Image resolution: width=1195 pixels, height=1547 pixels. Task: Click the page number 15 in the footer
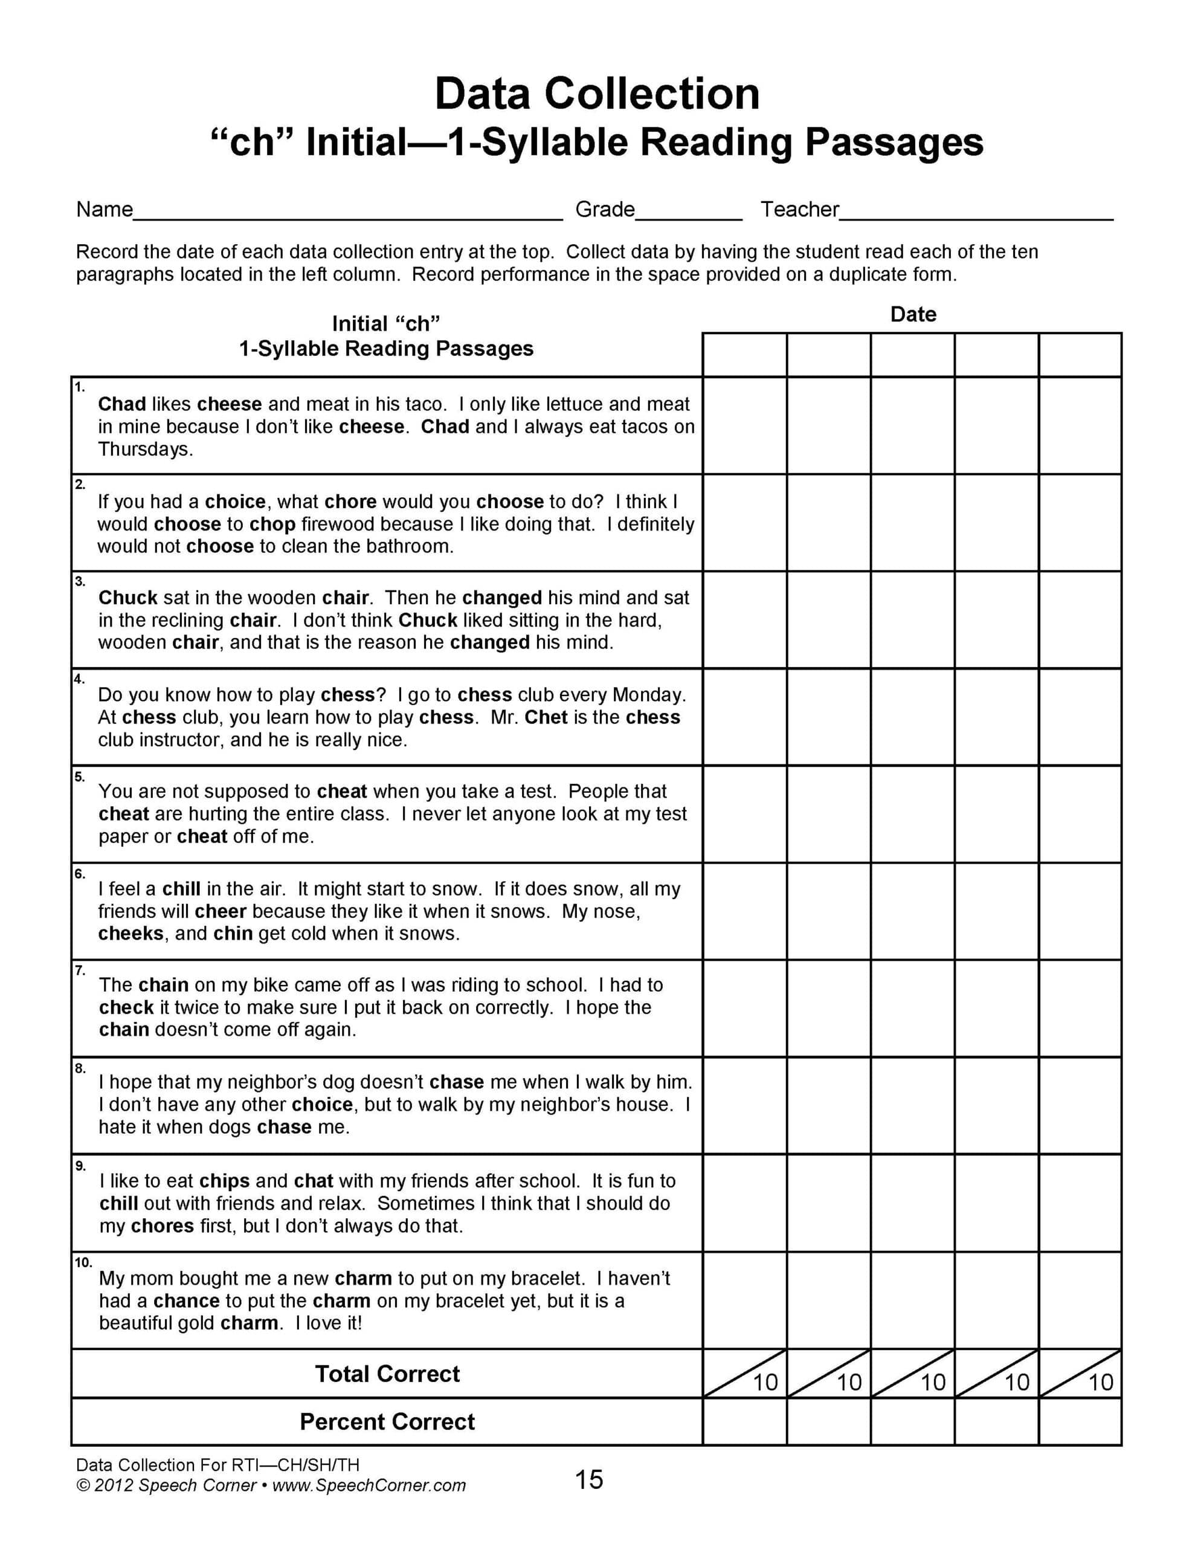pos(588,1480)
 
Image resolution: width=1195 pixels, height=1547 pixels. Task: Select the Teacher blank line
pos(976,214)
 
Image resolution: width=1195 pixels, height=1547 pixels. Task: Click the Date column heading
pos(912,314)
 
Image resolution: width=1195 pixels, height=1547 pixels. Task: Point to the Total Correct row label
pos(387,1374)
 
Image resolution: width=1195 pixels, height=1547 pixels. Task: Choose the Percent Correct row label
pos(387,1422)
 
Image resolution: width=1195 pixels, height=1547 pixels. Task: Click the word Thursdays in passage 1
pos(145,449)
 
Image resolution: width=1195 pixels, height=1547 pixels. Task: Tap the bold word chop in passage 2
pos(272,524)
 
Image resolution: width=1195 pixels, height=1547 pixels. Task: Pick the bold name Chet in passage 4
pos(546,717)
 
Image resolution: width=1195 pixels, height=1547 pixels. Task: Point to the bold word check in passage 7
pos(126,1007)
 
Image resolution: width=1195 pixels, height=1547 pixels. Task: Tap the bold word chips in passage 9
pos(224,1181)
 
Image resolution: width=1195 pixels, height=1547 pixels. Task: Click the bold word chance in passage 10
pos(186,1300)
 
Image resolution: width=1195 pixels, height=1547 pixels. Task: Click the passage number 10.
pos(83,1263)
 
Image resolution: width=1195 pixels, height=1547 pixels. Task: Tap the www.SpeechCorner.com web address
pos(369,1485)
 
